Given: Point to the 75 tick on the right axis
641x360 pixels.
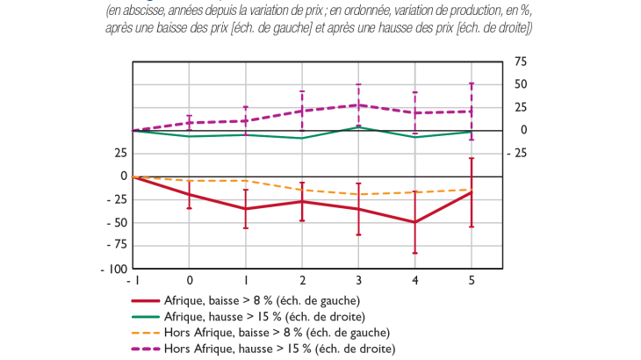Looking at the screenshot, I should tap(521, 61).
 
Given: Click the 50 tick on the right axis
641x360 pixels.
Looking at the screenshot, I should tap(521, 84).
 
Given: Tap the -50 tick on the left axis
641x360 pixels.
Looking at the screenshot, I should tap(115, 222).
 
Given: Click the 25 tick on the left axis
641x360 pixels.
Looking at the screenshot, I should tap(119, 154).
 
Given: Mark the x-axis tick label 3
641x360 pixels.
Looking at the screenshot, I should tap(358, 282).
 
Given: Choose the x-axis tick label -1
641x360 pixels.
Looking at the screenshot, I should tap(132, 282).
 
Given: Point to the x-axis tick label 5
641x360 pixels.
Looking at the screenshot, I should tap(472, 282).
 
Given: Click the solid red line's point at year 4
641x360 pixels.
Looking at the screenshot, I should tap(414, 222).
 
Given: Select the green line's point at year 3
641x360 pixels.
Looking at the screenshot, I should tap(358, 126).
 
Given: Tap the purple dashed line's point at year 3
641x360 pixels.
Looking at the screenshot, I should tap(358, 105).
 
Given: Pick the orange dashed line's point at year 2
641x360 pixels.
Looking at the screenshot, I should tap(302, 190).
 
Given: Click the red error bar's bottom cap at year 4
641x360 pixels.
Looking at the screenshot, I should tap(414, 253).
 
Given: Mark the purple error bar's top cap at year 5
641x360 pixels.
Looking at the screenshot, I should tap(472, 83).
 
